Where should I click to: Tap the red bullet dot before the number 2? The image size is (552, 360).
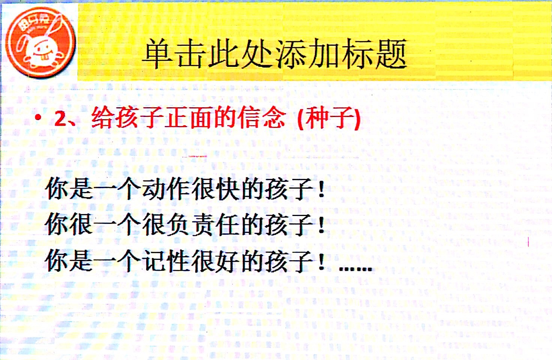38,118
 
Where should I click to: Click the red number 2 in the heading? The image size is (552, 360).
61,118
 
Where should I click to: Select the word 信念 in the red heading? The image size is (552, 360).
261,118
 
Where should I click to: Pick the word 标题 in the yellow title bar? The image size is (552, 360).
376,54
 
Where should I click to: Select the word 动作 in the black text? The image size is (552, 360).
166,189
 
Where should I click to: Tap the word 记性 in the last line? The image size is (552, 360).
166,261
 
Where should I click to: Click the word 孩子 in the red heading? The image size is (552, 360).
128,118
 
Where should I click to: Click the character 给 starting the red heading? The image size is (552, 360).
102,118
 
